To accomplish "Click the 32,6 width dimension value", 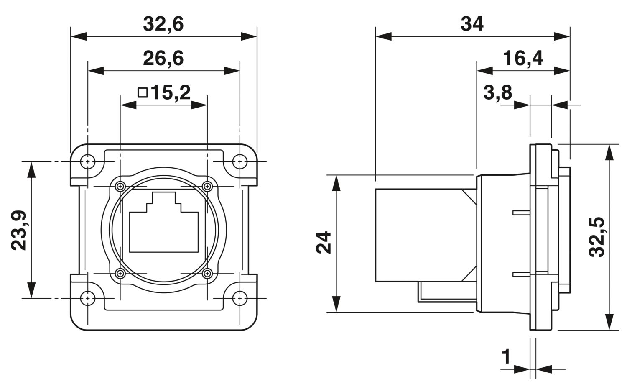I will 163,24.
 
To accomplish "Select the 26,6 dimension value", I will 163,59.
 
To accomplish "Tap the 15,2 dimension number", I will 171,92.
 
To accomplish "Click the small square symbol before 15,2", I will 143,92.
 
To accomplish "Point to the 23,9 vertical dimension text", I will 19,230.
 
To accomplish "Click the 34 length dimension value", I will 472,24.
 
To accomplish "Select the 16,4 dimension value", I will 522,59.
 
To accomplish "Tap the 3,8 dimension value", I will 497,92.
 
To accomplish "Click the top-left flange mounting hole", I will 88,161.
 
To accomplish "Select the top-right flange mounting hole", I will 240,161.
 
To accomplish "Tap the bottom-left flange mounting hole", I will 88,298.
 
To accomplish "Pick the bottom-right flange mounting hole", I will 240,298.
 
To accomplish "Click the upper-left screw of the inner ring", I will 121,186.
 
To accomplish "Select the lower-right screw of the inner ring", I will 206,274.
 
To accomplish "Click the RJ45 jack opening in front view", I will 164,228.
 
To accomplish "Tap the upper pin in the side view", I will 521,213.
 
